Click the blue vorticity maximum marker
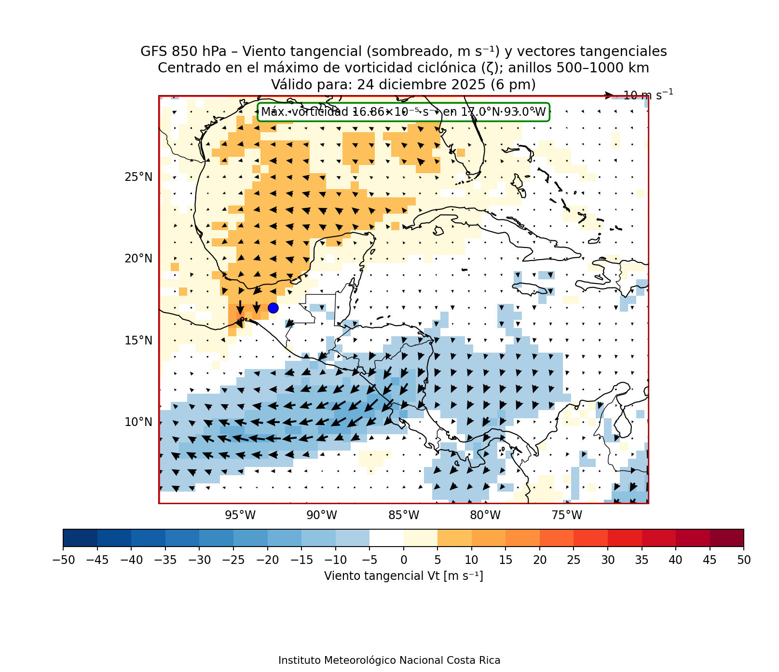[x=273, y=308]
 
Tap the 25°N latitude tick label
[x=138, y=177]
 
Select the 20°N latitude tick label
[x=138, y=259]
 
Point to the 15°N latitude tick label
[x=138, y=341]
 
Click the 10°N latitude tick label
[x=138, y=422]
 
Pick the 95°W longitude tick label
[x=240, y=515]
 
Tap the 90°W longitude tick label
[x=322, y=515]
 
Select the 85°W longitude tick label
[x=404, y=515]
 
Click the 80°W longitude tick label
[x=485, y=515]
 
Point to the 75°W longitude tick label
[x=567, y=515]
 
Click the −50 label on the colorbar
[x=63, y=560]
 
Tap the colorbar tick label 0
[x=404, y=560]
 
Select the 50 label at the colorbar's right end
[x=744, y=560]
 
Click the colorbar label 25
[x=574, y=560]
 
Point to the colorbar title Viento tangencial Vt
[x=403, y=576]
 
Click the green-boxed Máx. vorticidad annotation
[x=403, y=112]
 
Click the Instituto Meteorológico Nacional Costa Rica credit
[x=389, y=660]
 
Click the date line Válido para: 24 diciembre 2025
[x=403, y=85]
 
